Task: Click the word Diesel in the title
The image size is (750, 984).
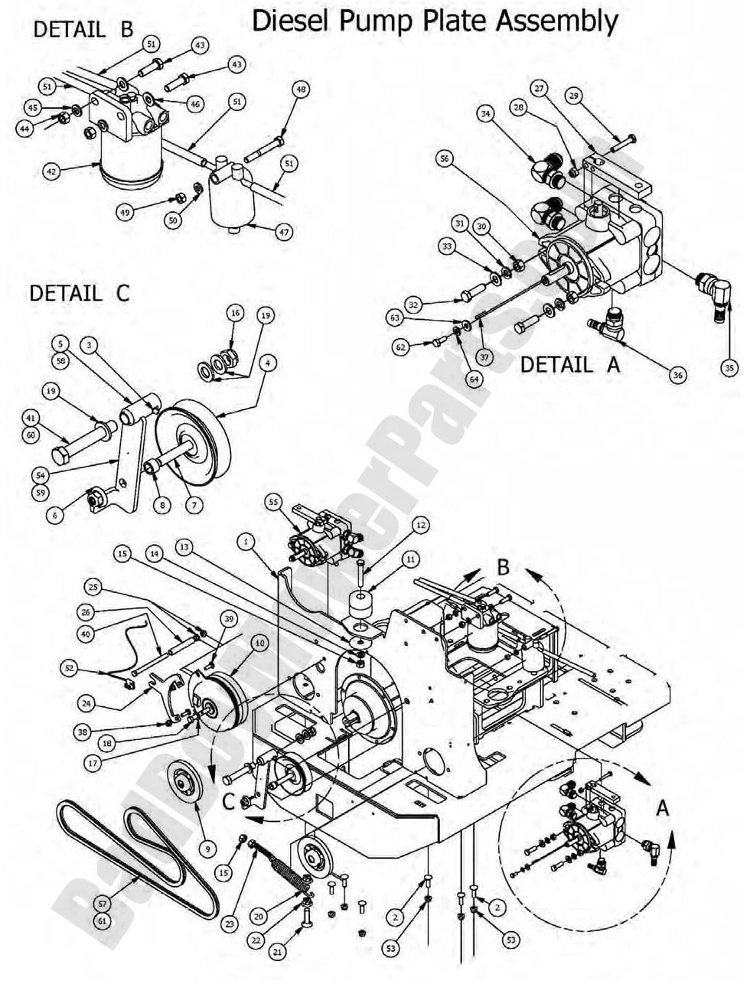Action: click(x=289, y=21)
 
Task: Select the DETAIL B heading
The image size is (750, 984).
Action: click(x=83, y=30)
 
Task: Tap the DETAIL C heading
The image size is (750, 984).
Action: click(x=80, y=293)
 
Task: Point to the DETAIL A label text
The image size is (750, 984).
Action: click(x=569, y=365)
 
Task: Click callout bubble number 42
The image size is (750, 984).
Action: click(x=51, y=172)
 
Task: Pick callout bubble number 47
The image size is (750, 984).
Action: click(x=284, y=232)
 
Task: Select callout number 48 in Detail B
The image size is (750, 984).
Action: click(x=301, y=90)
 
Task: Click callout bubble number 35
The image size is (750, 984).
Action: click(x=729, y=367)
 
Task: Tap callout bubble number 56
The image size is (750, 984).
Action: click(x=445, y=158)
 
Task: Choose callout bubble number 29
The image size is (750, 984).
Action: click(x=574, y=96)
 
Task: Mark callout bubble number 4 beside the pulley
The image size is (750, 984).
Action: click(x=266, y=365)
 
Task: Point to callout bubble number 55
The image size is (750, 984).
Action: click(x=272, y=502)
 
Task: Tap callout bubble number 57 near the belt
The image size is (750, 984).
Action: click(x=103, y=904)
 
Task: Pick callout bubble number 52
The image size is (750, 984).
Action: click(x=70, y=668)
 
